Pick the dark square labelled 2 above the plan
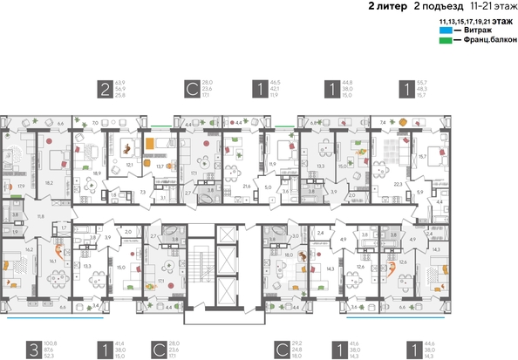tap(106, 88)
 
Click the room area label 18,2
tap(49, 183)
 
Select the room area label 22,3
tap(399, 185)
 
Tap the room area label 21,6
tap(246, 187)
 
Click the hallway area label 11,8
tap(39, 215)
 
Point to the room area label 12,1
tap(129, 164)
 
